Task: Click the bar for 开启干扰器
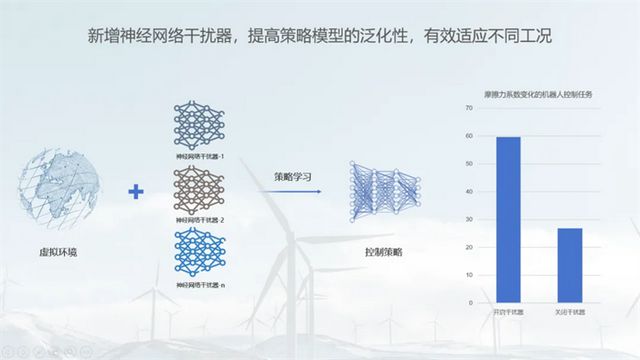(x=508, y=219)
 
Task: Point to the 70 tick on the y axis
(x=469, y=109)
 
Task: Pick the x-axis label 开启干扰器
(x=508, y=312)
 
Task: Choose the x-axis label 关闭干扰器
(x=569, y=312)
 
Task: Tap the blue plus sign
(x=137, y=191)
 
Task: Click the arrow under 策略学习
(x=297, y=190)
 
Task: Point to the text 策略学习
(x=294, y=176)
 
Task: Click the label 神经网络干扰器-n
(x=201, y=287)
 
